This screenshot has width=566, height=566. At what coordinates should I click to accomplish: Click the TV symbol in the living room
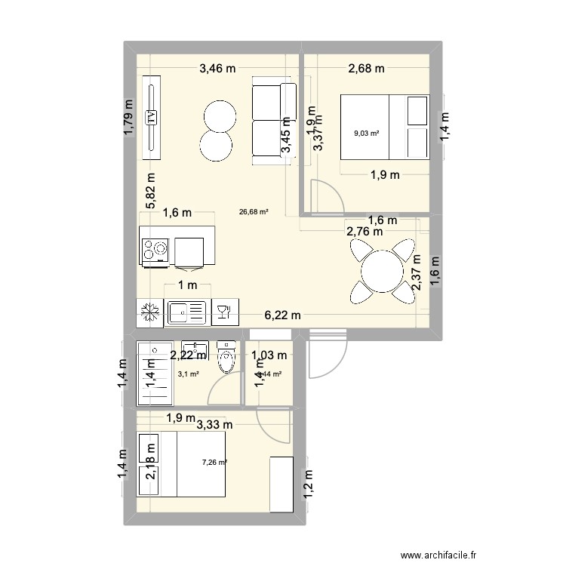pos(152,117)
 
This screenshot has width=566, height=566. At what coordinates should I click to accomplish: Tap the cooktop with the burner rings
pos(156,250)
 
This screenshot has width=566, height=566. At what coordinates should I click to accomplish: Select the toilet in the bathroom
pos(226,358)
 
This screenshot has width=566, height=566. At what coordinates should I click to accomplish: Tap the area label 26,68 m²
pos(254,212)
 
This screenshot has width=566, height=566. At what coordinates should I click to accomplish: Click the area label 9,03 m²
pos(366,134)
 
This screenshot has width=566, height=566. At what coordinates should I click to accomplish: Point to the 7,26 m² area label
pos(214,463)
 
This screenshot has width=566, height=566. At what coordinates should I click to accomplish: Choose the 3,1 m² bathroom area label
pos(188,374)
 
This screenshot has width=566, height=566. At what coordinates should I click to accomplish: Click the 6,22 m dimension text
pos(281,315)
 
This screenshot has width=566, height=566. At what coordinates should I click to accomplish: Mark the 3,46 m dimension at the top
pos(217,69)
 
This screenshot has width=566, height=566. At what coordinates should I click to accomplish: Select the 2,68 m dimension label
pos(366,69)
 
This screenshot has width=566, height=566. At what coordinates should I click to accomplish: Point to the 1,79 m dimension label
pos(129,118)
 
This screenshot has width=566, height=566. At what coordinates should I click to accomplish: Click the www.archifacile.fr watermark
pos(501,553)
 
